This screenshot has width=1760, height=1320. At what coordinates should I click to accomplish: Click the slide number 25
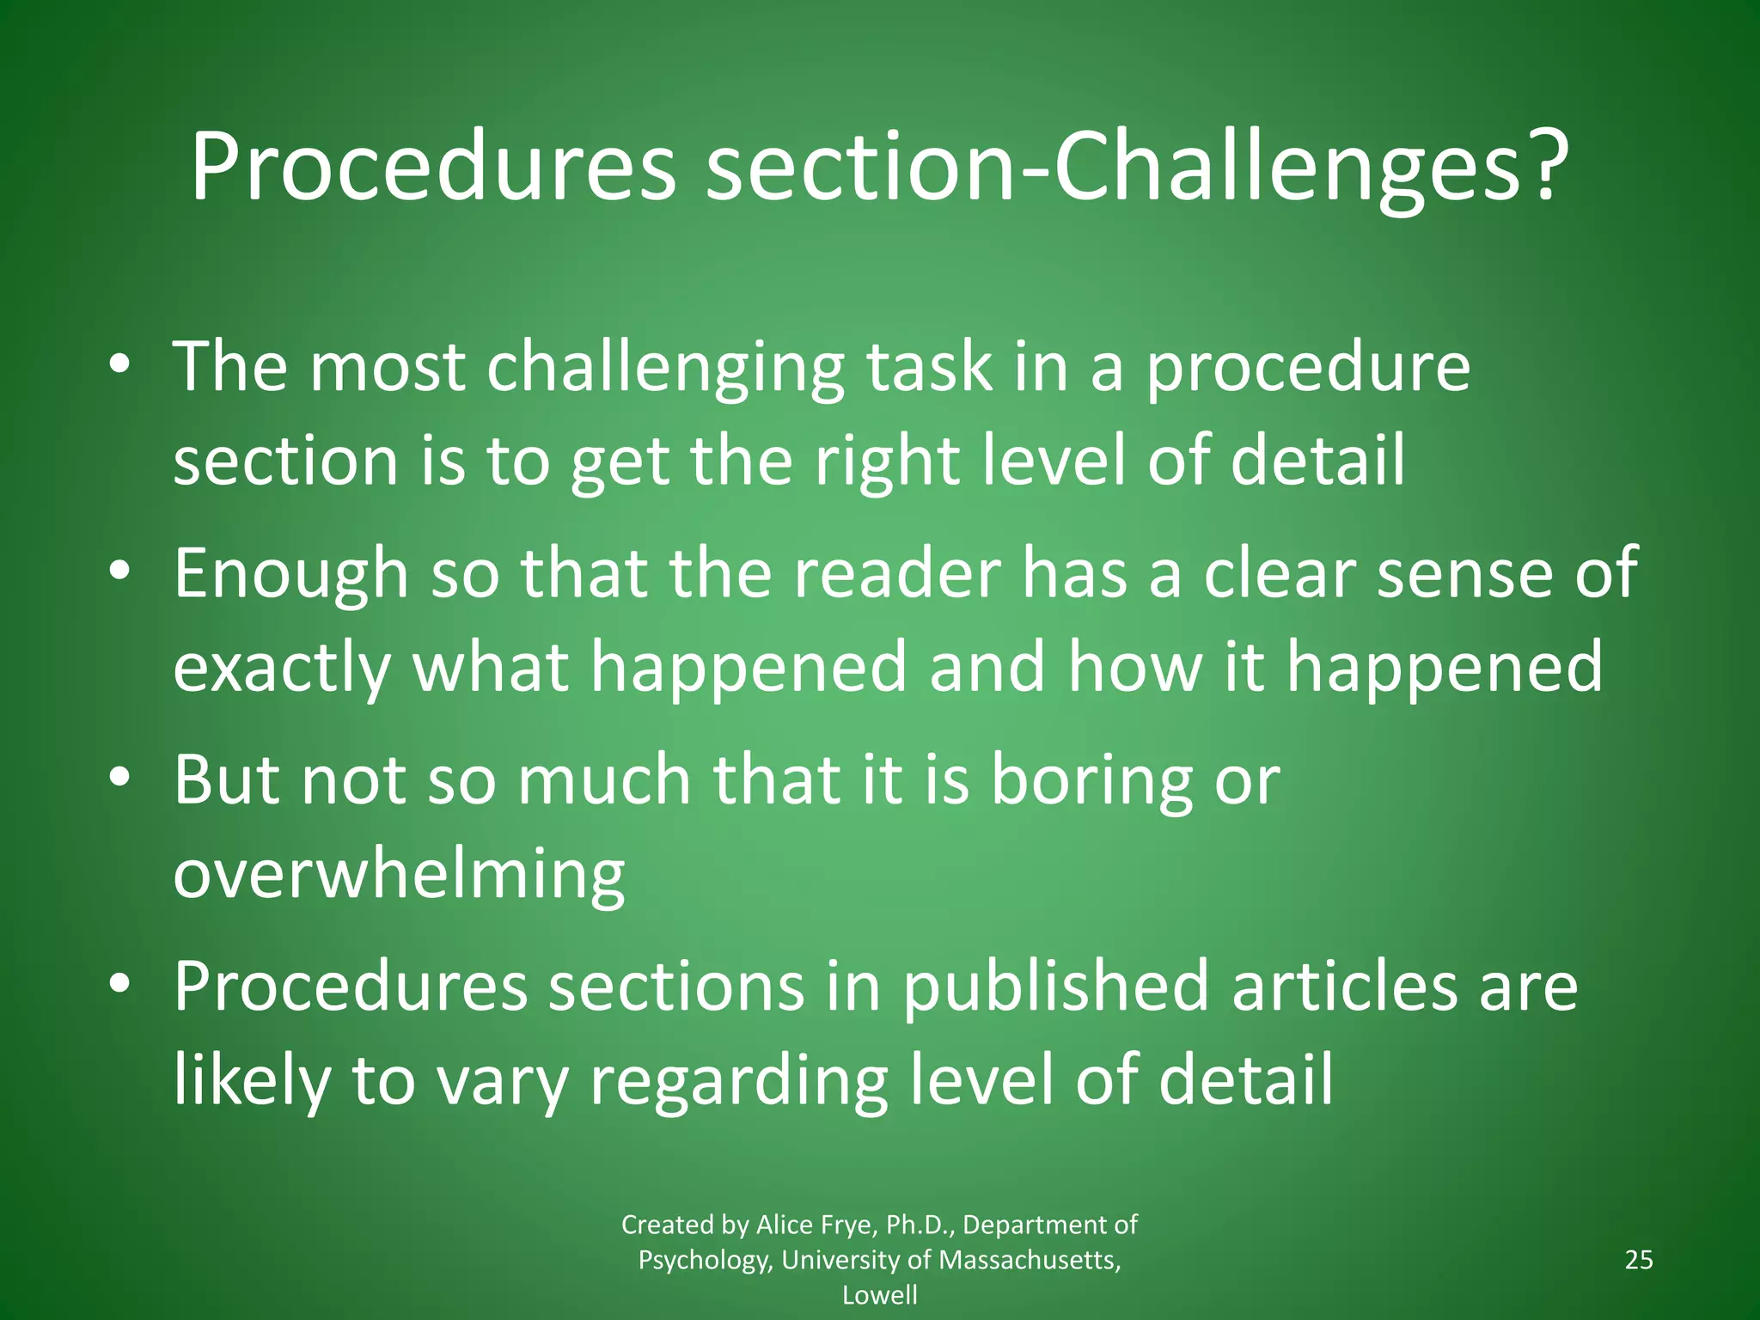pyautogui.click(x=1639, y=1260)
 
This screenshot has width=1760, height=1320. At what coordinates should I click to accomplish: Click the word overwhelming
pyautogui.click(x=399, y=875)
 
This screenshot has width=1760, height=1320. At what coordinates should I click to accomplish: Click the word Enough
pyautogui.click(x=291, y=573)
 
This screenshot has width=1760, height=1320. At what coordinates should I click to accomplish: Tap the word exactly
pyautogui.click(x=282, y=668)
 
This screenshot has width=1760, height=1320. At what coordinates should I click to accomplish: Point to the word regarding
pyautogui.click(x=738, y=1080)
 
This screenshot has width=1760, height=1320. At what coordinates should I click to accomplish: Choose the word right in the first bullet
pyautogui.click(x=886, y=461)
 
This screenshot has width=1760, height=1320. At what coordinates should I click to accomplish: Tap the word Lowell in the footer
pyautogui.click(x=879, y=1295)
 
